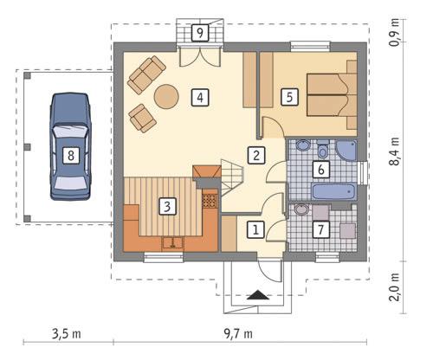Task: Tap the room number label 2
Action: pyautogui.click(x=255, y=156)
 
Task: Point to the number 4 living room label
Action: pyautogui.click(x=199, y=97)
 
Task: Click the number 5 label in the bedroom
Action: pyautogui.click(x=290, y=97)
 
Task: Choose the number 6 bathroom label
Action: pyautogui.click(x=320, y=169)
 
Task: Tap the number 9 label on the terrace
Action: pyautogui.click(x=200, y=33)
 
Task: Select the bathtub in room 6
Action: pyautogui.click(x=333, y=192)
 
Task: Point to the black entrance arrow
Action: pyautogui.click(x=258, y=295)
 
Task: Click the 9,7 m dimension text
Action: pyautogui.click(x=236, y=333)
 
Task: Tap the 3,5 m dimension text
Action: pyautogui.click(x=66, y=333)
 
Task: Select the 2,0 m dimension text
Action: pyautogui.click(x=395, y=285)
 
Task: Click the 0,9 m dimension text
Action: pyautogui.click(x=395, y=30)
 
